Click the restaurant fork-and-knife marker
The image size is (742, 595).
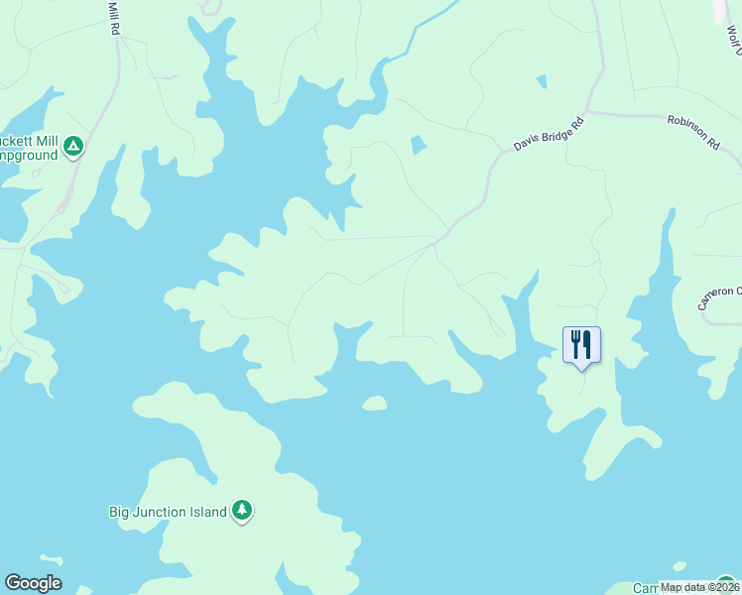click(x=581, y=345)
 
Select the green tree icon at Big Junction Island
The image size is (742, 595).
click(x=242, y=511)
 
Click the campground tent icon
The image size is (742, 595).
click(x=72, y=148)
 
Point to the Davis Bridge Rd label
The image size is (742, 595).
click(x=549, y=130)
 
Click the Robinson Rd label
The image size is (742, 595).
click(x=693, y=130)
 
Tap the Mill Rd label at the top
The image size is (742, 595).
click(x=114, y=18)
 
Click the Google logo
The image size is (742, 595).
click(x=33, y=583)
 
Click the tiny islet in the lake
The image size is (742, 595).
click(x=374, y=403)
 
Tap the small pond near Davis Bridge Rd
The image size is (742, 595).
click(x=419, y=145)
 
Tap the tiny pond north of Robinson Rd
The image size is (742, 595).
click(x=541, y=81)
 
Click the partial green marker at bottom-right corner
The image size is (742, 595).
click(x=727, y=585)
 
